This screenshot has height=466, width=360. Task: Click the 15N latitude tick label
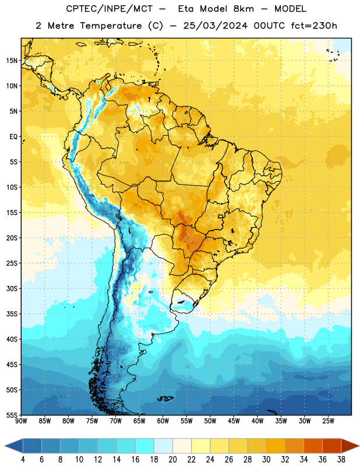coord(12,61)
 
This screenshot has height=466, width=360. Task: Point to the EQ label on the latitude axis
coord(13,137)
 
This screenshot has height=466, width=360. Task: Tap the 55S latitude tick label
coord(12,415)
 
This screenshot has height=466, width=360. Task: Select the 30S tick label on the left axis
coord(12,288)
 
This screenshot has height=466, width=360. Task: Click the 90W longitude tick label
coord(21,421)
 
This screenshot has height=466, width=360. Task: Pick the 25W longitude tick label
coord(328,421)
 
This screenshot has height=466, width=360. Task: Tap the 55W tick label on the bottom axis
coord(186,421)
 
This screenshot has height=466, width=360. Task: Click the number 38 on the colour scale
coord(341,460)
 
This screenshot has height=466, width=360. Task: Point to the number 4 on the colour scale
coord(23,460)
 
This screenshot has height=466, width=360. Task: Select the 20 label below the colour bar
coord(172,460)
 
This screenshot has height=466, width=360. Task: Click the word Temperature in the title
coord(111,26)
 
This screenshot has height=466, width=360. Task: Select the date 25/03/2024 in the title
coord(215,26)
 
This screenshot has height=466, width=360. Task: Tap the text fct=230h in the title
coord(313,26)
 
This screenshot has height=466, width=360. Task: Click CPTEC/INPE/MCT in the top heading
coord(109,9)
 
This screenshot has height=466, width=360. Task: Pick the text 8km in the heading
coord(243,9)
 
